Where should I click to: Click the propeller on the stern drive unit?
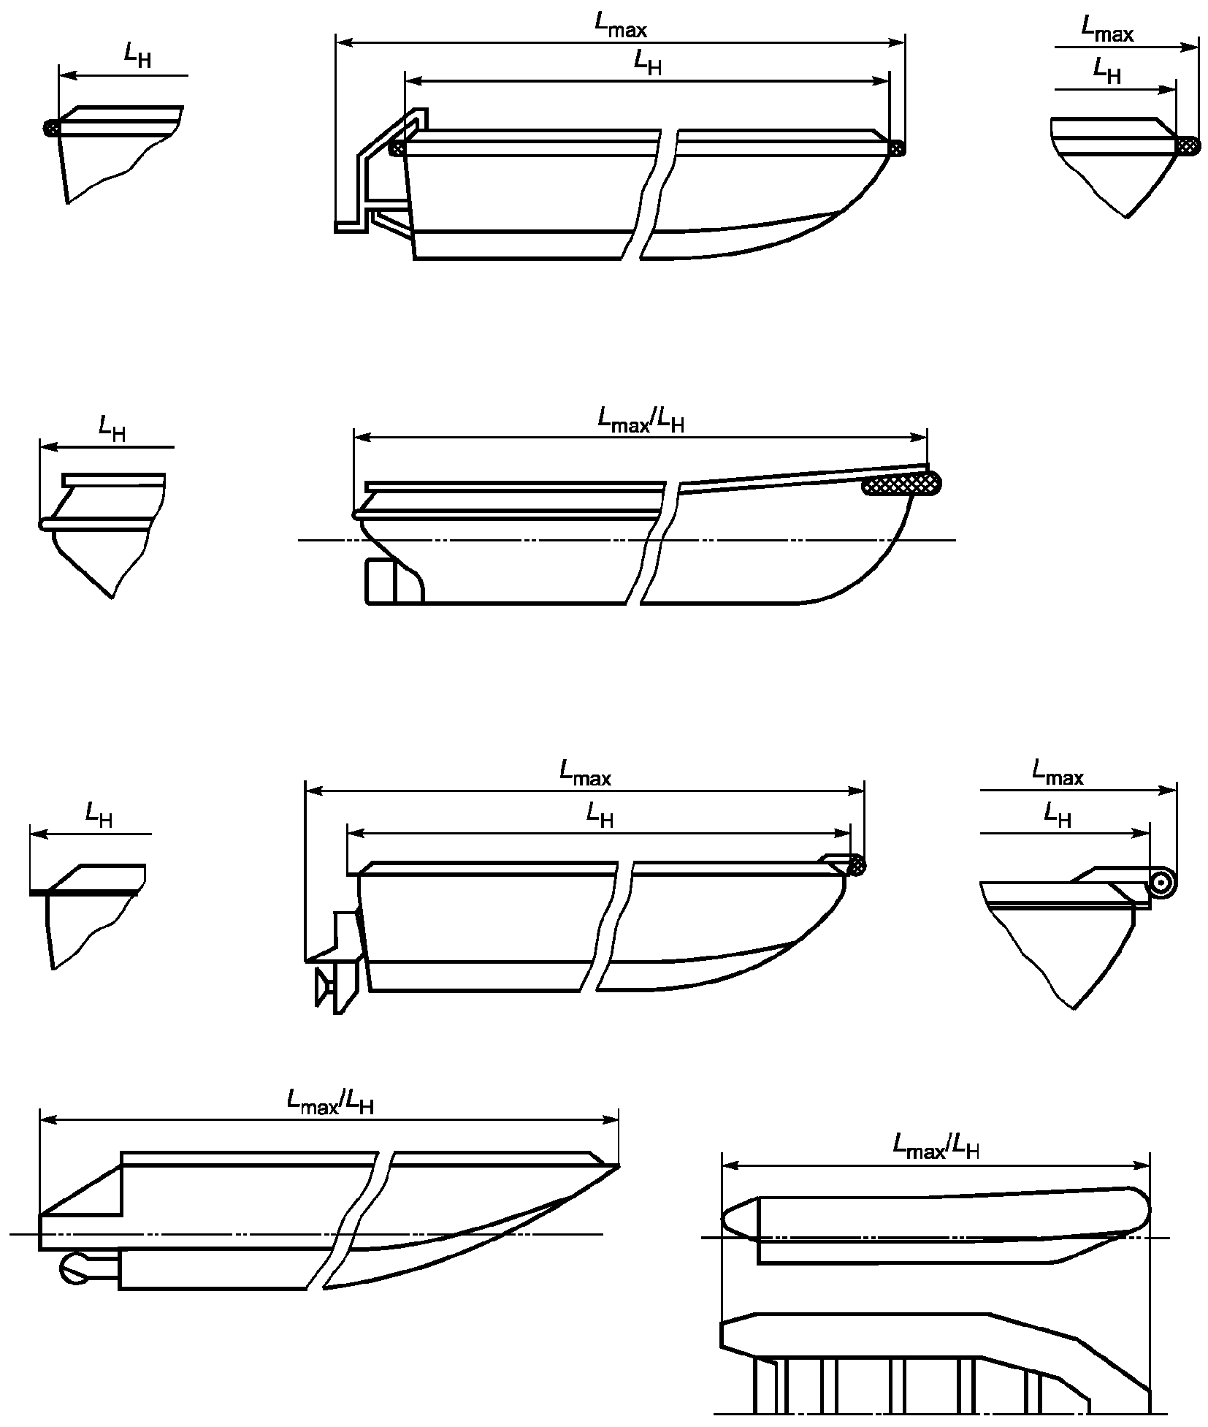[321, 987]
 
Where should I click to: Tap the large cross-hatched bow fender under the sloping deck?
[903, 484]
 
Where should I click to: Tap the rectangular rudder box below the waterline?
[381, 580]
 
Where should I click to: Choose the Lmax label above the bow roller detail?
[1058, 772]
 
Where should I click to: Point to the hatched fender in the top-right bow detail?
[1187, 146]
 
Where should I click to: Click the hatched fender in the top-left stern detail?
[52, 128]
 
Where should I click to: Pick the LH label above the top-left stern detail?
[137, 55]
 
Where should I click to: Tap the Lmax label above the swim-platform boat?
[621, 26]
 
